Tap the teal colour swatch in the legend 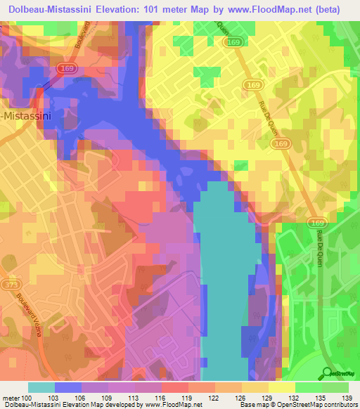pyautogui.click(x=41, y=387)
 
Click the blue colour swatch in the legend pyautogui.click(x=67, y=387)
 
